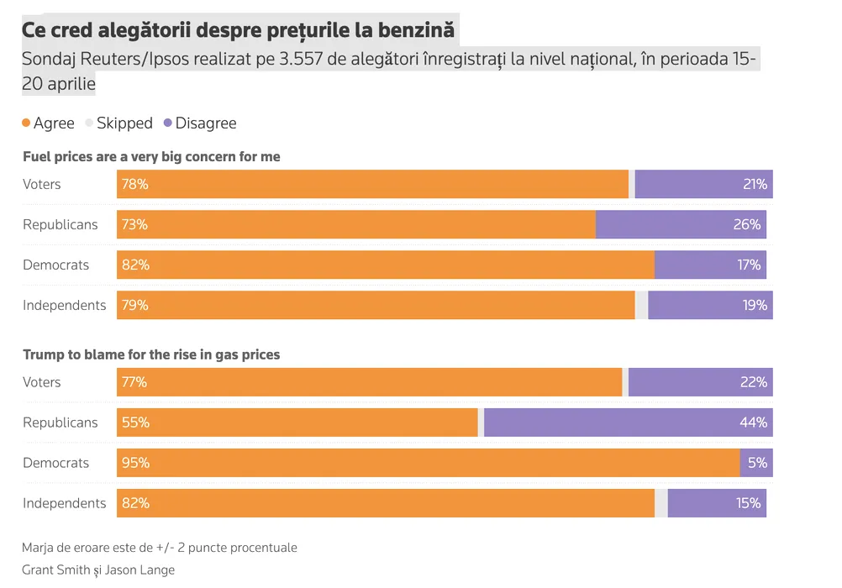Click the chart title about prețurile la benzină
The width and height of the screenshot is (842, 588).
[x=238, y=30]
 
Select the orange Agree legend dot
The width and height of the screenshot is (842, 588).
[x=26, y=123]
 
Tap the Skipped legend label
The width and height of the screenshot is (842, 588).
[x=124, y=123]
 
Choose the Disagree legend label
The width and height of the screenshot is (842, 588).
[x=206, y=123]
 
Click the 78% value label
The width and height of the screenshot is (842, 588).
[x=134, y=184]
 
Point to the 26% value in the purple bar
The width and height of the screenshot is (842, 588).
[x=748, y=224]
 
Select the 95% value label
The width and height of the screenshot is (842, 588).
[x=134, y=463]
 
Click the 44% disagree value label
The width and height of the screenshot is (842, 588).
[x=754, y=423]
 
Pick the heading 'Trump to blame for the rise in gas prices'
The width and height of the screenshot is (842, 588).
[x=151, y=354]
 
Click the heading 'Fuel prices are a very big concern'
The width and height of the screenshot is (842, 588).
[x=151, y=157]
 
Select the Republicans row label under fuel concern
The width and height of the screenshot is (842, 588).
[x=61, y=224]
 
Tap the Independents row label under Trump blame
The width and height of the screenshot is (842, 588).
[x=65, y=503]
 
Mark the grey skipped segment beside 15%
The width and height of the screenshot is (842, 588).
[x=661, y=503]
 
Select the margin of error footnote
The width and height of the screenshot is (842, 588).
[x=160, y=548]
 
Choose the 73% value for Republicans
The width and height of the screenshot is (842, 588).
[x=134, y=224]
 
